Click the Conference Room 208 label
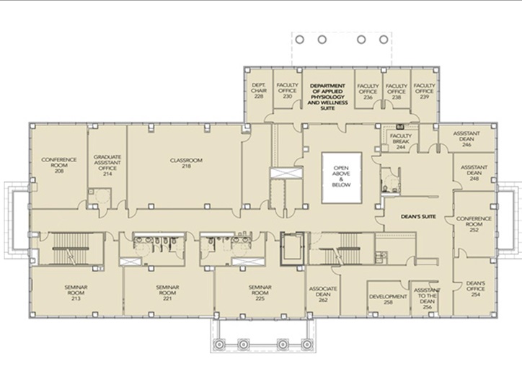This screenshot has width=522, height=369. point(59,165)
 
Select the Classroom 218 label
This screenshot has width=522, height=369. point(186,163)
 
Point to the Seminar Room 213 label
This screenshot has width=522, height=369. point(76,293)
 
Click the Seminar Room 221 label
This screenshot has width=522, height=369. point(167,293)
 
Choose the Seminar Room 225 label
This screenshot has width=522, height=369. point(260,293)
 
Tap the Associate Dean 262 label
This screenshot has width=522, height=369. point(323,294)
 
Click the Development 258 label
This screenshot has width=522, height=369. point(388,300)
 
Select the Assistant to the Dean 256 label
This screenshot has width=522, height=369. point(427,298)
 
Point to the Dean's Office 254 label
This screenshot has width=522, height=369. point(476,289)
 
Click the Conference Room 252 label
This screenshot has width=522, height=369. point(474,224)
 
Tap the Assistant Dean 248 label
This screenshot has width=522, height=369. point(474,173)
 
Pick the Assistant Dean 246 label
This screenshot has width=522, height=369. point(466,139)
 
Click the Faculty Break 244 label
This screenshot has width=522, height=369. point(401,141)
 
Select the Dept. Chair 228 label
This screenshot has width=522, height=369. point(259,91)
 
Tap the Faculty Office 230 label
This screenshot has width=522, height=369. point(287,91)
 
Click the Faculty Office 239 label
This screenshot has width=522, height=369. point(425,91)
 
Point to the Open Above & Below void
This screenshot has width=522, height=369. point(342,178)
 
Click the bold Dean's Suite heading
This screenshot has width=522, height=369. point(418,217)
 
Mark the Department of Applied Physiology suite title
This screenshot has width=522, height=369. point(327,97)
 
